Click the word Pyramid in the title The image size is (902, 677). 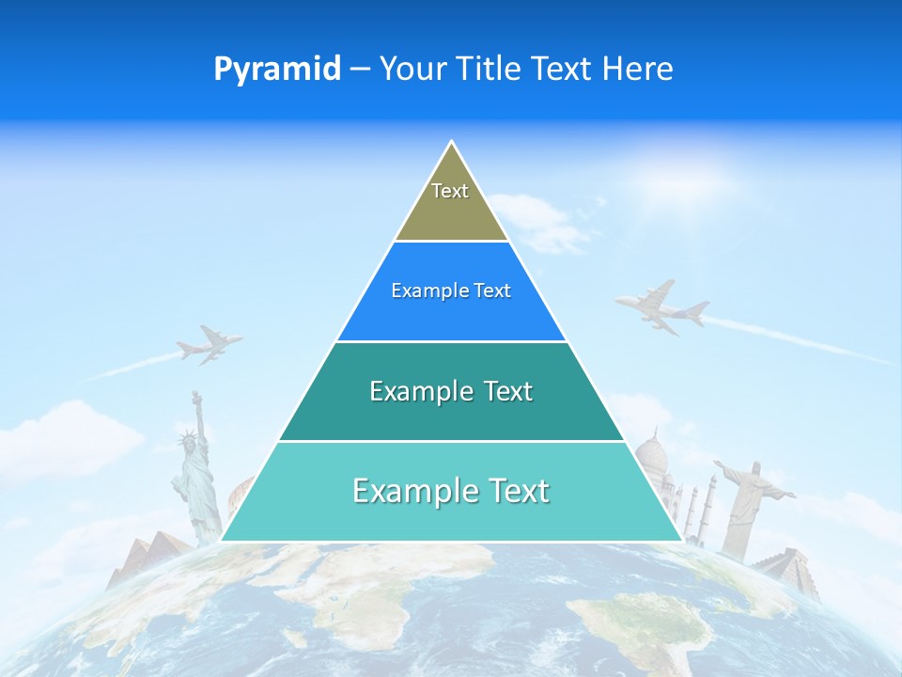(x=276, y=70)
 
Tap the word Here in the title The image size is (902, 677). (x=638, y=70)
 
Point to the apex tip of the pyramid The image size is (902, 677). (x=451, y=144)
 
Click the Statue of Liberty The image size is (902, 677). (x=194, y=470)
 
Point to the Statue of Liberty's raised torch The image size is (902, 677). (x=196, y=396)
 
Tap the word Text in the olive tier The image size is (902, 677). (x=450, y=191)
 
